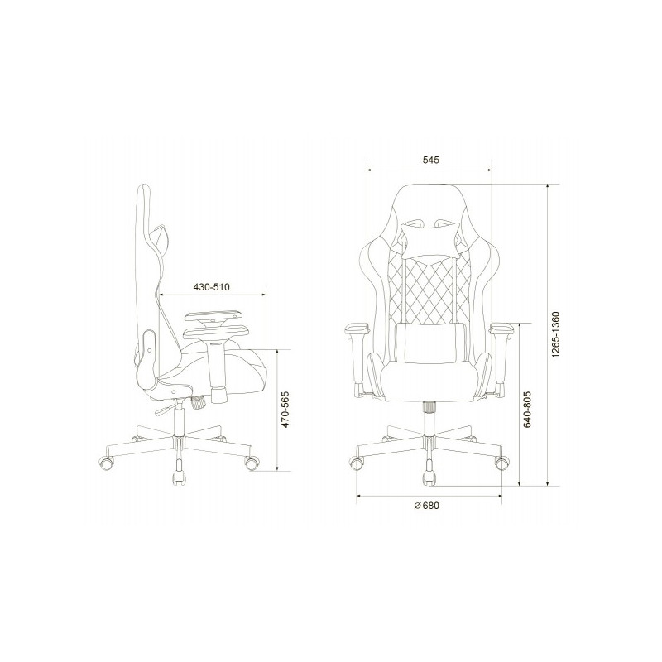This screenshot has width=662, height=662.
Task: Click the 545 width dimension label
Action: click(x=430, y=160)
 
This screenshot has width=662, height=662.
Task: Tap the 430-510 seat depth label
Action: click(x=212, y=287)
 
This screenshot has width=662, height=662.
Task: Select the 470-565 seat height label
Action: click(x=285, y=410)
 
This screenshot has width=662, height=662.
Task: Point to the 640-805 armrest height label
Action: click(x=527, y=410)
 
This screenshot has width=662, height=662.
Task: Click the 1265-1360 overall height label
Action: click(x=556, y=334)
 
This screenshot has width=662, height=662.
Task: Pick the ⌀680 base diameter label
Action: click(x=427, y=506)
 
